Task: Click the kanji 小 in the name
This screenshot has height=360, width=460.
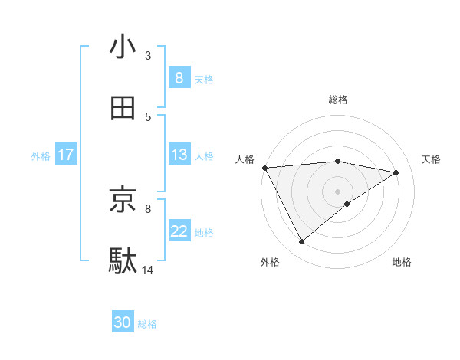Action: click(x=123, y=47)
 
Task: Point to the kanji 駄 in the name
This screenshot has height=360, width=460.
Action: click(x=123, y=261)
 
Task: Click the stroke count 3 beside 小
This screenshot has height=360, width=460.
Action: click(x=148, y=55)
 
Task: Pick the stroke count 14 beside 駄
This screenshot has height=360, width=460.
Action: click(x=148, y=270)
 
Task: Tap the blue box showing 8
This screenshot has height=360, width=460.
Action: click(x=179, y=77)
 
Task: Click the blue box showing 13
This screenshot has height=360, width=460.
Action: click(x=179, y=154)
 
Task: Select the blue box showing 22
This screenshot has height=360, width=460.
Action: click(x=179, y=231)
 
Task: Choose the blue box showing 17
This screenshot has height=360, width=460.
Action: click(x=65, y=155)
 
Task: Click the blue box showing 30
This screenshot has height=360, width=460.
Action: click(x=123, y=322)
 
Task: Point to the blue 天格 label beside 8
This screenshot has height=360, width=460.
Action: click(x=204, y=79)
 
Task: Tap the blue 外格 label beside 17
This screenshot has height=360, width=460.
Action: click(x=41, y=155)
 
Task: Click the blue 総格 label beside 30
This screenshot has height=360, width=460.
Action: click(x=147, y=324)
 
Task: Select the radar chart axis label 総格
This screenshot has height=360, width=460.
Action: click(x=337, y=100)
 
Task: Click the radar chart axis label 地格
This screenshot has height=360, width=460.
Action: click(x=402, y=262)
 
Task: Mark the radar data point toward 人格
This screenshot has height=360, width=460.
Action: click(x=264, y=168)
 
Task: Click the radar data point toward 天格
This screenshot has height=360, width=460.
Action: click(x=396, y=172)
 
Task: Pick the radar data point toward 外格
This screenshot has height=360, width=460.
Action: click(x=301, y=242)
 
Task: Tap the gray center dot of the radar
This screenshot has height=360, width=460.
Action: click(x=337, y=191)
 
